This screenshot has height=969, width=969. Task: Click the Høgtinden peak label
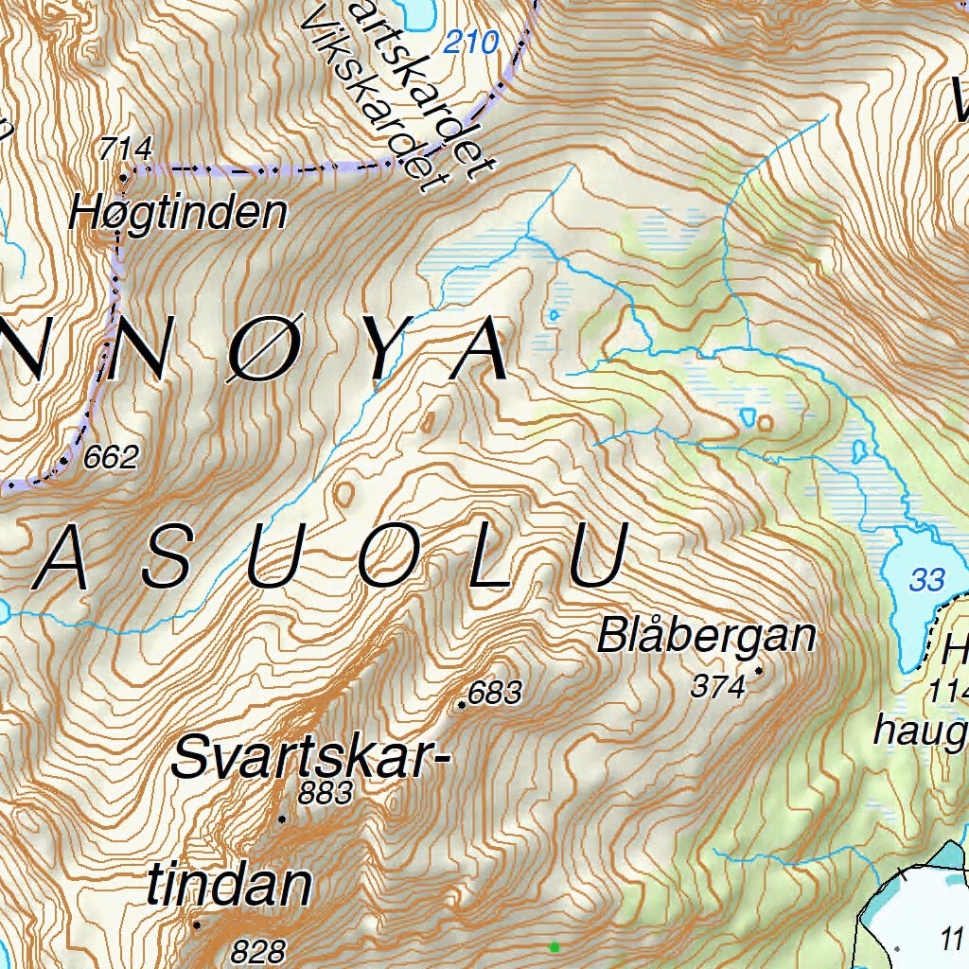point(177,214)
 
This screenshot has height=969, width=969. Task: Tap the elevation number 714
point(125,149)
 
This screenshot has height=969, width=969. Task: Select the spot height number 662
point(111,458)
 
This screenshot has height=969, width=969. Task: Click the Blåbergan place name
point(706,636)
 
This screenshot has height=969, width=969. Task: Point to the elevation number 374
point(718,686)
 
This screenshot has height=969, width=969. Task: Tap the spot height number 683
point(495,694)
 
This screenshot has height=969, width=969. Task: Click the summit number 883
point(325,793)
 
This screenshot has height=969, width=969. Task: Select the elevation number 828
point(257,950)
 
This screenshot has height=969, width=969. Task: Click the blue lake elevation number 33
point(926,579)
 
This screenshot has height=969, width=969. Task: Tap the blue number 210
point(470,43)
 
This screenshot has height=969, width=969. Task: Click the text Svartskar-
point(308,759)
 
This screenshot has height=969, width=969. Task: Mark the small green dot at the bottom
point(555,946)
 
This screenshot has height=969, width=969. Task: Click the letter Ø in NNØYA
point(254,349)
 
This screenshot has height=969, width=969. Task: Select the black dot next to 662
point(64,461)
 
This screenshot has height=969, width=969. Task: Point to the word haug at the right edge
point(918,731)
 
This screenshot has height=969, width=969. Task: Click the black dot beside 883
point(282,818)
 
